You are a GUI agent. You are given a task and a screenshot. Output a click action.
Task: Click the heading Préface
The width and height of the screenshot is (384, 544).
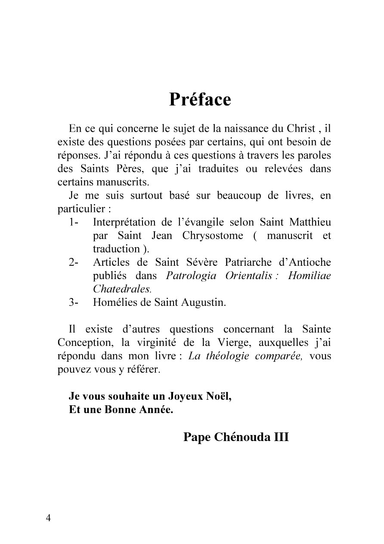[x=200, y=99]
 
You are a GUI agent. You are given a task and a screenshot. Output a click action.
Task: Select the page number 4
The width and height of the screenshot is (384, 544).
[x=48, y=518]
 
